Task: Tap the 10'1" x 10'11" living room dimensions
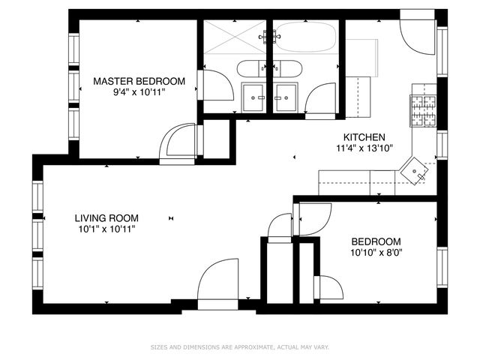106,229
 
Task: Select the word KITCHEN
364,137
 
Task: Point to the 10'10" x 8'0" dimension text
376,253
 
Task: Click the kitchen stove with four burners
423,112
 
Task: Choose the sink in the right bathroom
285,96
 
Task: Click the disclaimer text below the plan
240,347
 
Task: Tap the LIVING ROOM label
106,218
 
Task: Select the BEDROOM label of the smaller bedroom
376,241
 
